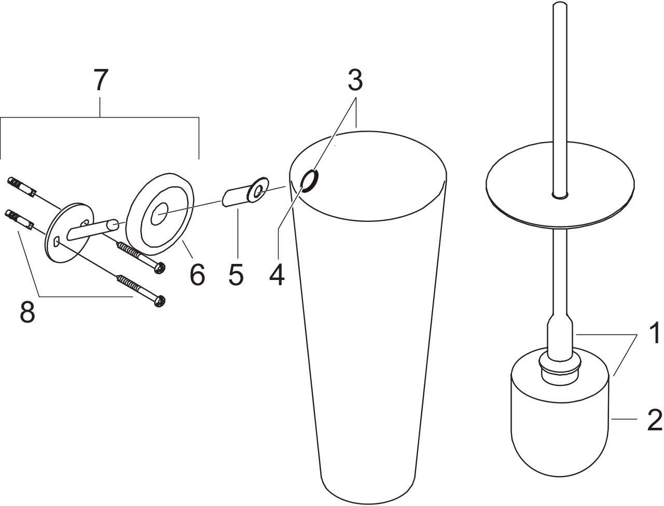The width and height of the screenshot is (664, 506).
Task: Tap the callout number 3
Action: point(355,79)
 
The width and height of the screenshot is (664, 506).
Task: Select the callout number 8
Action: point(27,312)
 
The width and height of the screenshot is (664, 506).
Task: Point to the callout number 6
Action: point(197,274)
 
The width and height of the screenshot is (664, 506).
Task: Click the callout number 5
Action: point(236,274)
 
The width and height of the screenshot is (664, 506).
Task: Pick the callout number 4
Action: point(277,274)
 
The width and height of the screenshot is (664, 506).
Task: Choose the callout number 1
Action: point(654,333)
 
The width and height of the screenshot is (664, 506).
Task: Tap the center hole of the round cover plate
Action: point(159,214)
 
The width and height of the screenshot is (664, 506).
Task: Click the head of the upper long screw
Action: point(160,268)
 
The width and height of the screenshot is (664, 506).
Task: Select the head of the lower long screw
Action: point(160,301)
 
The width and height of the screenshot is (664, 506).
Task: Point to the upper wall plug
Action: point(22,187)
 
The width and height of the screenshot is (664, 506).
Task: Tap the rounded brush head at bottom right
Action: point(559,423)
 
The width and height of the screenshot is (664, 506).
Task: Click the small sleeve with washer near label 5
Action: point(245,192)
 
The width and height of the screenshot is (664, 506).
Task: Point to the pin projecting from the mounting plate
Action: point(93,230)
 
